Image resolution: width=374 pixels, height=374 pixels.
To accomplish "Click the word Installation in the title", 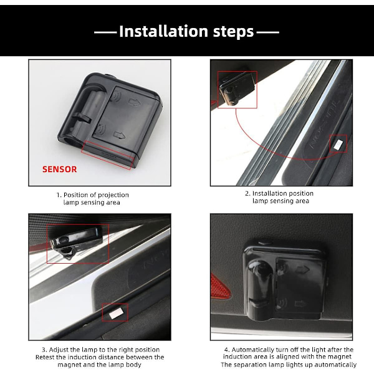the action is [163, 31].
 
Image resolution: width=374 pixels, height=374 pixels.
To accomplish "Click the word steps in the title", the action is [233, 32].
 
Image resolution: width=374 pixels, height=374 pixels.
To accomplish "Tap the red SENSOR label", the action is [60, 170].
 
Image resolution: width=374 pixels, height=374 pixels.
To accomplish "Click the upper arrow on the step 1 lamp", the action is [134, 102].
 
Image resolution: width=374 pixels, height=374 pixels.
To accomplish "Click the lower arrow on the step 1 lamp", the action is [119, 135].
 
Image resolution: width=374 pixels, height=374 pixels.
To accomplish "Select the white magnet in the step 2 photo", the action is [338, 144].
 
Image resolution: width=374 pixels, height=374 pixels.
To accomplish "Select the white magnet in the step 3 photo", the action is [115, 313].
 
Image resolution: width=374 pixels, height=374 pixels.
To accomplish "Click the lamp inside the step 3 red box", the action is [76, 242].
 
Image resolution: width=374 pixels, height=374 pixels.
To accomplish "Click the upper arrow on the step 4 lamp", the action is [303, 270].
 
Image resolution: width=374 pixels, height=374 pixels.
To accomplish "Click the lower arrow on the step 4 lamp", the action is [300, 304].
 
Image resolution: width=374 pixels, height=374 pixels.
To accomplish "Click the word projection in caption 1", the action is [113, 195].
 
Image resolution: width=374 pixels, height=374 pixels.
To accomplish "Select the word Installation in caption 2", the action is [267, 193].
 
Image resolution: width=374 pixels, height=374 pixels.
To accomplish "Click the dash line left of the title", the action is [105, 32].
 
